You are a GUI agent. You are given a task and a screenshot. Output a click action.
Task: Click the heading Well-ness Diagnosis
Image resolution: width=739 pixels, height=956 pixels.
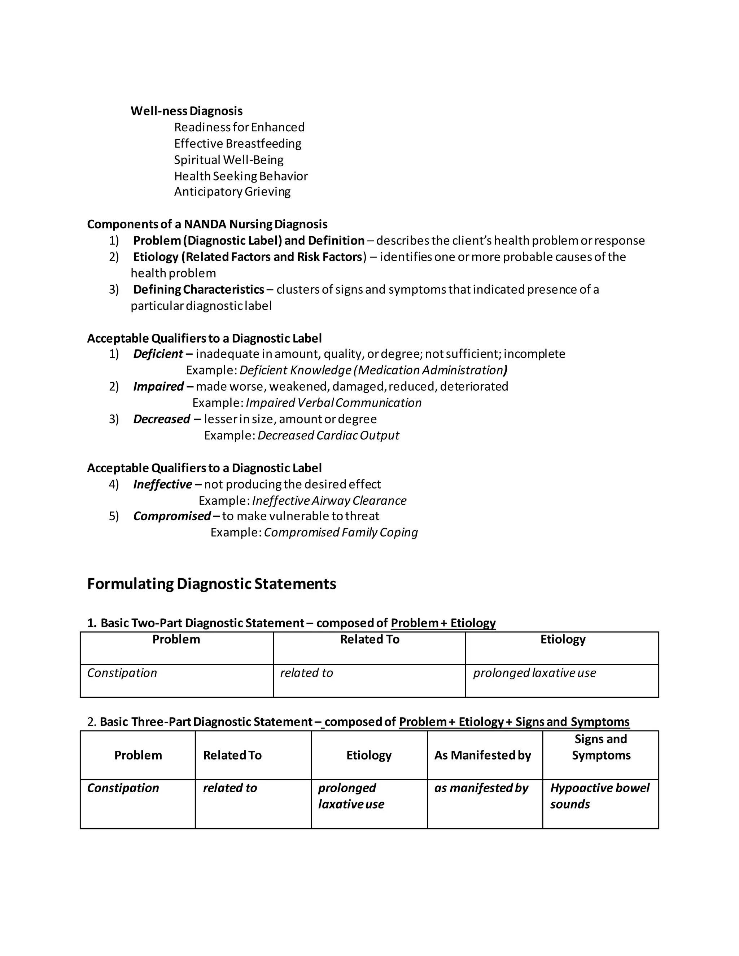pyautogui.click(x=187, y=111)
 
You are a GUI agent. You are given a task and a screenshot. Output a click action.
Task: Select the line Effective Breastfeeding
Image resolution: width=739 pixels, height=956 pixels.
pyautogui.click(x=238, y=144)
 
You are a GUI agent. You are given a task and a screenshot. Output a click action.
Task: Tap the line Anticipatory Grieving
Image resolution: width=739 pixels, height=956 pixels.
pyautogui.click(x=232, y=192)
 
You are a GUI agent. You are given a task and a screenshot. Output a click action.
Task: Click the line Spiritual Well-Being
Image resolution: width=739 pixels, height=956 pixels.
pyautogui.click(x=228, y=160)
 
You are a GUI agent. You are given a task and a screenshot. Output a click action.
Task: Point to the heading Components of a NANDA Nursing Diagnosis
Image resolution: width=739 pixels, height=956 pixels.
pyautogui.click(x=207, y=224)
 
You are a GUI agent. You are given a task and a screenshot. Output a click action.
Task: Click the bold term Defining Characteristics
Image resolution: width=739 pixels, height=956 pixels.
pyautogui.click(x=198, y=289)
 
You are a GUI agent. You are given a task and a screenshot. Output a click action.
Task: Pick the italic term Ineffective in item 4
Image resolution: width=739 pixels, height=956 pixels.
pyautogui.click(x=162, y=484)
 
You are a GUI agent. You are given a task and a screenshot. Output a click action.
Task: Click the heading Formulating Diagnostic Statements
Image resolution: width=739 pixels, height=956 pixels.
pyautogui.click(x=211, y=584)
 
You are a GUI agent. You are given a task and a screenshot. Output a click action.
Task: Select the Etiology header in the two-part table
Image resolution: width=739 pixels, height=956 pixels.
pyautogui.click(x=563, y=640)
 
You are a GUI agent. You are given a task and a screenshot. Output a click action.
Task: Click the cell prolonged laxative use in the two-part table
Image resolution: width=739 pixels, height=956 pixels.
pyautogui.click(x=534, y=673)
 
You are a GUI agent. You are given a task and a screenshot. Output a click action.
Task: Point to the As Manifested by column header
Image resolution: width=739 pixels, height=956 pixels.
pyautogui.click(x=482, y=755)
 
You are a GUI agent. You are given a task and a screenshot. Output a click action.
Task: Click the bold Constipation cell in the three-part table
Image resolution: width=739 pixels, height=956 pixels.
pyautogui.click(x=123, y=788)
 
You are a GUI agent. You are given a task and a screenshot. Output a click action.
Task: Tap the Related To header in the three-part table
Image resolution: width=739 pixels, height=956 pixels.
pyautogui.click(x=232, y=755)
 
